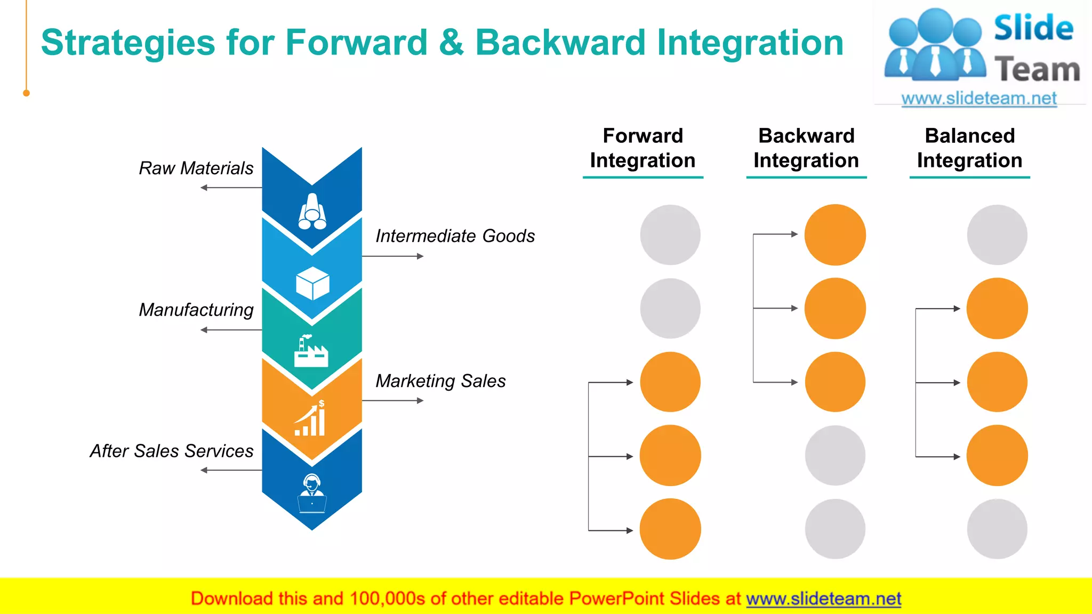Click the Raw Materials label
[x=196, y=168]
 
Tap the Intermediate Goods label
[x=455, y=236]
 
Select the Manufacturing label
[x=196, y=310]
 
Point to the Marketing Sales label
[x=440, y=381]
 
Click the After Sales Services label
[x=171, y=451]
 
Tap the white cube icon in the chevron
[x=312, y=283]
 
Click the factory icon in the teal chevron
[x=311, y=351]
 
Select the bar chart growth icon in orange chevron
[x=311, y=419]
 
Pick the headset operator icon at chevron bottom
[x=312, y=494]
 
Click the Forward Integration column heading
[x=643, y=148]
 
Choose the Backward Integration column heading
[x=806, y=148]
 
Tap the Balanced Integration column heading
[x=969, y=148]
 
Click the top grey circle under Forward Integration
[x=670, y=235]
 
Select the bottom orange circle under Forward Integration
[x=670, y=529]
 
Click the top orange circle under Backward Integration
[x=835, y=235]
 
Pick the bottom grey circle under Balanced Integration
[x=997, y=529]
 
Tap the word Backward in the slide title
[x=560, y=43]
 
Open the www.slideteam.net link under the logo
[x=979, y=99]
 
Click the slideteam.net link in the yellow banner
[x=823, y=599]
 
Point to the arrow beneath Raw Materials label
[x=231, y=188]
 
